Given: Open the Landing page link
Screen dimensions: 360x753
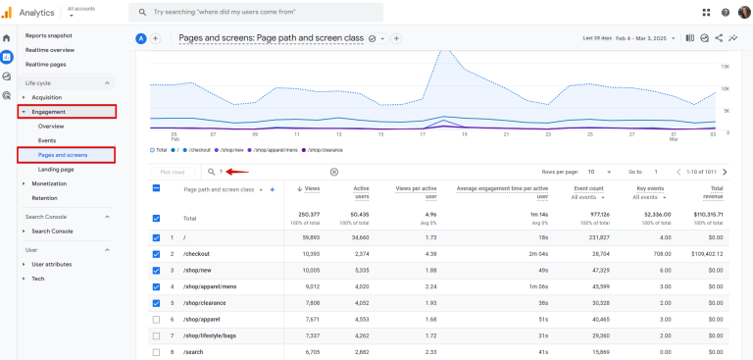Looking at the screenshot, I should click(x=56, y=169).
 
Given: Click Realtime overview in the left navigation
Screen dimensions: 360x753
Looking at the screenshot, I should click(x=49, y=49).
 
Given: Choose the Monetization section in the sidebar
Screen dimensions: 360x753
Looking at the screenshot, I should click(x=50, y=183).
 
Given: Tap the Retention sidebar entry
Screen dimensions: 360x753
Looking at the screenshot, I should click(x=45, y=197).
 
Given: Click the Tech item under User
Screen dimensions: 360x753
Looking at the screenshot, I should click(x=38, y=279).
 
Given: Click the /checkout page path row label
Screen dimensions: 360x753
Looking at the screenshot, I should click(x=197, y=253).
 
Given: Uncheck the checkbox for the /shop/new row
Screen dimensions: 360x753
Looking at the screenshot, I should click(x=156, y=269).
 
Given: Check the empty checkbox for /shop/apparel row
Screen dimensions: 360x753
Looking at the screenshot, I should click(x=156, y=319).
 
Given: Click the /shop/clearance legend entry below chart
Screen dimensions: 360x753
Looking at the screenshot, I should click(x=323, y=150).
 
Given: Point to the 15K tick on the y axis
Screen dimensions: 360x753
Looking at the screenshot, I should click(x=724, y=67).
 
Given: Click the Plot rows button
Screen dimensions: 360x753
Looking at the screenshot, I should click(x=173, y=172).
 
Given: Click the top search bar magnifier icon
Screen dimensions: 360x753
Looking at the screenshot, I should click(x=143, y=12).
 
